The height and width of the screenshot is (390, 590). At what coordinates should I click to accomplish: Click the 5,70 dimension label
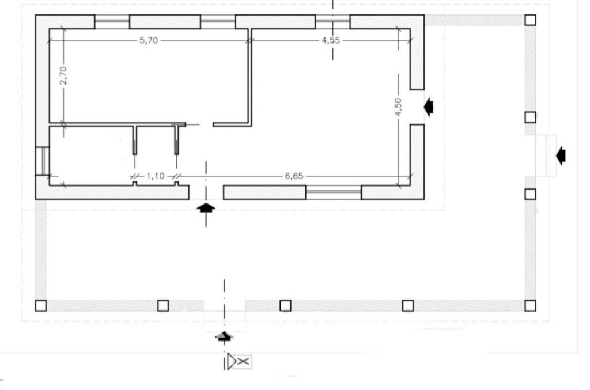pyautogui.click(x=148, y=40)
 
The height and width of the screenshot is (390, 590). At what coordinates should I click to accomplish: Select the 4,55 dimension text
pyautogui.click(x=330, y=40)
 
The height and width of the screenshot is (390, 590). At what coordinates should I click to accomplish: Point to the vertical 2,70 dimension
pyautogui.click(x=63, y=75)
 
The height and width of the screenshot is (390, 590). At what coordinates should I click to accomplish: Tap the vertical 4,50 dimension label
pyautogui.click(x=398, y=107)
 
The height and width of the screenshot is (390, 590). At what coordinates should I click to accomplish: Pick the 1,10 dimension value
pyautogui.click(x=155, y=176)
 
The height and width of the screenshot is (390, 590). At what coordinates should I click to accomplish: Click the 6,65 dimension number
pyautogui.click(x=293, y=176)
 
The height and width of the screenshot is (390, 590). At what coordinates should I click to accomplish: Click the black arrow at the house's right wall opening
pyautogui.click(x=428, y=107)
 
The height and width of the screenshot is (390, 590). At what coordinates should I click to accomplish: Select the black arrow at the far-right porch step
pyautogui.click(x=561, y=155)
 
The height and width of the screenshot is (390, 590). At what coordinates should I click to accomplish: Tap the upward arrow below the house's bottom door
pyautogui.click(x=206, y=208)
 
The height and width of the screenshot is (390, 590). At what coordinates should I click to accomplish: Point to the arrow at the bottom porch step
pyautogui.click(x=224, y=336)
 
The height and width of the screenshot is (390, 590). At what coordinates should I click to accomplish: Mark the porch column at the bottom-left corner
pyautogui.click(x=40, y=305)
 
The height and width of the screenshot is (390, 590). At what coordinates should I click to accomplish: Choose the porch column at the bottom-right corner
pyautogui.click(x=531, y=305)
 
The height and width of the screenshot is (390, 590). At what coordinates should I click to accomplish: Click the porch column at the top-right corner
pyautogui.click(x=531, y=20)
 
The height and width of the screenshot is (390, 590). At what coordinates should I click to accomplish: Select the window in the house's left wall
pyautogui.click(x=41, y=161)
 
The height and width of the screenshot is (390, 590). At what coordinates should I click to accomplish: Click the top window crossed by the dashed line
pyautogui.click(x=332, y=22)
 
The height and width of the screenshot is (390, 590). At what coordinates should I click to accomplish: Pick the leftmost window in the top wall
pyautogui.click(x=112, y=22)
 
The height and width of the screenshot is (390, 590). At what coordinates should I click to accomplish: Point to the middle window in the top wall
pyautogui.click(x=218, y=22)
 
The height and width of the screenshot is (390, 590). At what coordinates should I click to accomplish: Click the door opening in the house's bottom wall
pyautogui.click(x=206, y=192)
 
